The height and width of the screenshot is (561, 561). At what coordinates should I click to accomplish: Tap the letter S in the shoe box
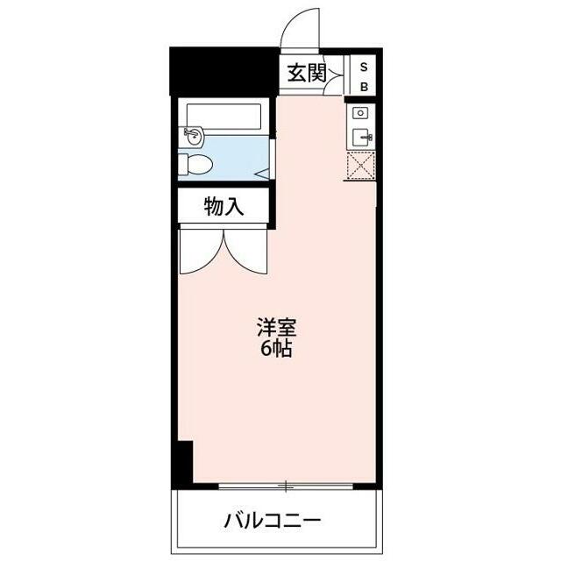click(364, 67)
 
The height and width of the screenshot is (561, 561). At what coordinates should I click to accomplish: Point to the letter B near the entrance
click(364, 86)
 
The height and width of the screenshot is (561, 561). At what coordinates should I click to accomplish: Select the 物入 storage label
click(223, 208)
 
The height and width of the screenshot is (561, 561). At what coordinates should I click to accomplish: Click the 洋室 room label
click(275, 329)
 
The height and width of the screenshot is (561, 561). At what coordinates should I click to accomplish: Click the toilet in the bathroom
click(198, 164)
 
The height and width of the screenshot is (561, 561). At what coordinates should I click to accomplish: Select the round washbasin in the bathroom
click(192, 136)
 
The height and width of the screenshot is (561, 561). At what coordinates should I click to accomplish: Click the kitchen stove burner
click(359, 114)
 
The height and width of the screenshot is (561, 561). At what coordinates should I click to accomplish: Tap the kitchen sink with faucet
click(361, 138)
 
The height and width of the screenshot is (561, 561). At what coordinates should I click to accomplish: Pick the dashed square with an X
click(360, 167)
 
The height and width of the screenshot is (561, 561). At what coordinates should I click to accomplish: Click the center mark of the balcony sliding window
click(286, 485)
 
